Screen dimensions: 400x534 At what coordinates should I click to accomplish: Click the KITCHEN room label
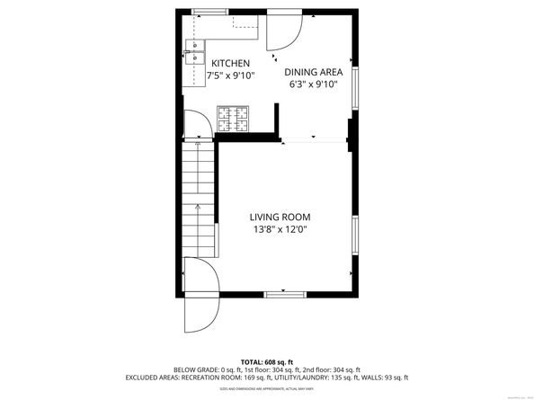click(x=230, y=63)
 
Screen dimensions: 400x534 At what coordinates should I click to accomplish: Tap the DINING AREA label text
click(x=313, y=72)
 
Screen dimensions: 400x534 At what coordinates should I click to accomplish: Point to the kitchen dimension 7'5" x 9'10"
click(x=230, y=76)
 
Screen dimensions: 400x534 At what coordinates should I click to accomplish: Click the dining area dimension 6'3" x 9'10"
click(x=313, y=84)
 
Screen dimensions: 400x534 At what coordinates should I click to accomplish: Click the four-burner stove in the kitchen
click(x=232, y=119)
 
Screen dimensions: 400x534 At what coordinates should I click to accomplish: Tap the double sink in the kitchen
click(x=194, y=52)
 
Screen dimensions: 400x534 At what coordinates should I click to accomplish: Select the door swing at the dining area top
click(x=285, y=33)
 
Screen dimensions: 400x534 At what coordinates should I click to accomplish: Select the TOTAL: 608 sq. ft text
click(x=267, y=360)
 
